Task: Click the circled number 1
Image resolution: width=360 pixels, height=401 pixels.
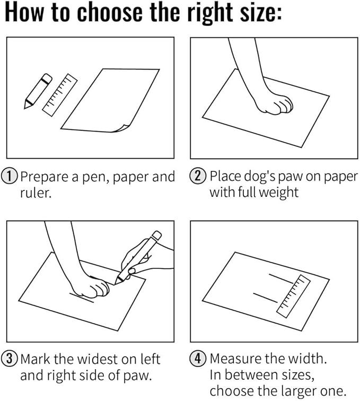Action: click(9, 176)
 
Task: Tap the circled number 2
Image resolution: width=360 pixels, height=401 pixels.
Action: click(198, 176)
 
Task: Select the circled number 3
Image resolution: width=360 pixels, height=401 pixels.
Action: click(9, 358)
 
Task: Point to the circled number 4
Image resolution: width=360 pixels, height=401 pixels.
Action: click(198, 358)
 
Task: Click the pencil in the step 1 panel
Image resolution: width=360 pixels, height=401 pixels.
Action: click(38, 91)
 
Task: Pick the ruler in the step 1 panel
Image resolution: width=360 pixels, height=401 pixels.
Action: click(60, 95)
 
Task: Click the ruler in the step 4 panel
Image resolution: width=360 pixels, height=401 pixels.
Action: click(294, 296)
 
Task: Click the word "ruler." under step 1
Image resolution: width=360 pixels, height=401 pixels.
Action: click(36, 193)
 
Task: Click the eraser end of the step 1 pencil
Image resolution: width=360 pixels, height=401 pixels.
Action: click(47, 78)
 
